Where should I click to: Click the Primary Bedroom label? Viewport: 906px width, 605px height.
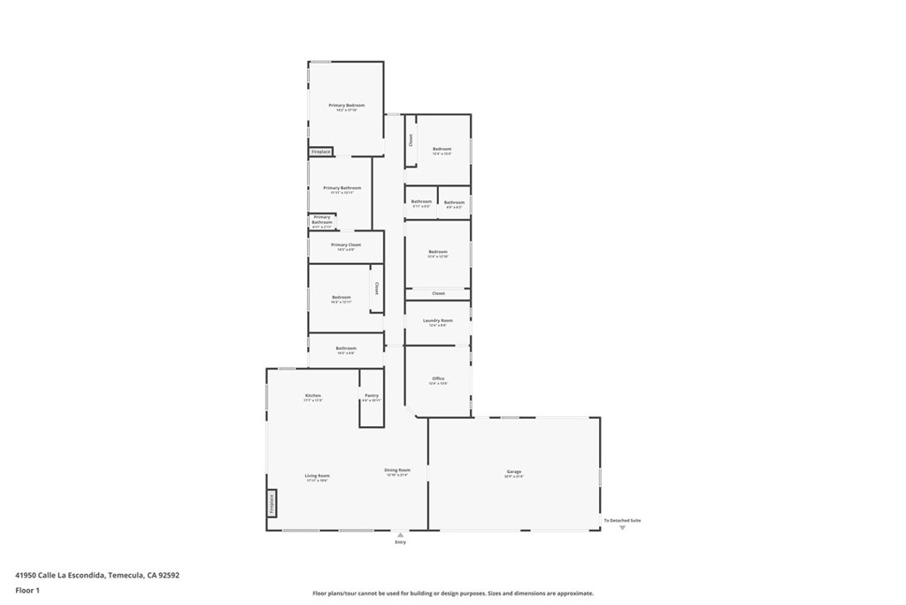point(346,105)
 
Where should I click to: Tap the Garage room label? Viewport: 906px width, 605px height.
point(513,471)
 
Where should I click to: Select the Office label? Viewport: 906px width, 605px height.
point(438,379)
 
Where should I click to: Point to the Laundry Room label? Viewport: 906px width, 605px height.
point(438,321)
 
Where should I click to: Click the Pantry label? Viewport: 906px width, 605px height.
point(372,396)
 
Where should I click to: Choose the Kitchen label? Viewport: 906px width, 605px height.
point(313,396)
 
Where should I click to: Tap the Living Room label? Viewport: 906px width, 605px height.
point(317,477)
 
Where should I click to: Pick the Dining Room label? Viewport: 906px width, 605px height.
point(397,470)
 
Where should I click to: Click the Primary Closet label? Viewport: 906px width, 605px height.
point(346,245)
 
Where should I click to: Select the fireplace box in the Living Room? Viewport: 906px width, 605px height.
point(272,503)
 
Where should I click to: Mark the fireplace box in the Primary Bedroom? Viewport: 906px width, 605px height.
point(320,152)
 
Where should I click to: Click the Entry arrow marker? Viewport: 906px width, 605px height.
point(401,535)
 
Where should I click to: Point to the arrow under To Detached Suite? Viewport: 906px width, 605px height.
point(622,528)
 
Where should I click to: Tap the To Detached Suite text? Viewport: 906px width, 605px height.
point(622,520)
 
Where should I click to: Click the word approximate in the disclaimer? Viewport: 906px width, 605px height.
point(572,593)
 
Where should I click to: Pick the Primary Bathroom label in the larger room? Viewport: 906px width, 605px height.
point(342,188)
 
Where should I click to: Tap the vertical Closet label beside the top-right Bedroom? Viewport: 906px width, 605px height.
point(411,140)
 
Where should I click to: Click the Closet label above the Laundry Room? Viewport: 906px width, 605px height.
point(438,293)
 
